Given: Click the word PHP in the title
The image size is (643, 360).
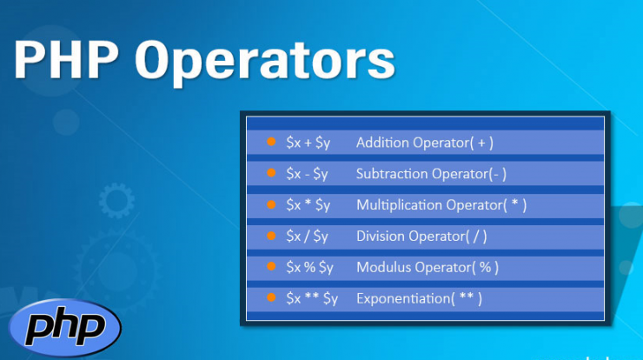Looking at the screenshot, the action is [66, 59].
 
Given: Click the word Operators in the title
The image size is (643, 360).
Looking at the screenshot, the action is [265, 63].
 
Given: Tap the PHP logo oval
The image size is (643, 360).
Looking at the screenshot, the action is [65, 327].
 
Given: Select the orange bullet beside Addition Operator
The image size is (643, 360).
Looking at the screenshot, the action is [271, 142].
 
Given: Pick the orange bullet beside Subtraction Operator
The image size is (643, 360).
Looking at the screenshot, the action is [271, 173].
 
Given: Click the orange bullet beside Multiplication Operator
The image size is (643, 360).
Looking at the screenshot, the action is [271, 204].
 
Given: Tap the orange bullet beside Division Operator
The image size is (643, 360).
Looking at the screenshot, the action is [271, 235].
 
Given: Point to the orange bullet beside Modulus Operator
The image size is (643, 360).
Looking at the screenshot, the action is [271, 266].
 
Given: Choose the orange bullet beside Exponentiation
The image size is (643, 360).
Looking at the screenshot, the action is [271, 297].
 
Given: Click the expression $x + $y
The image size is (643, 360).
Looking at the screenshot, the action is [308, 143].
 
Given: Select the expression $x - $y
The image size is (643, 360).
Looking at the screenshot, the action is [307, 174].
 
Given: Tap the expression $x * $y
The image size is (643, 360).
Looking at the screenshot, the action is [308, 205].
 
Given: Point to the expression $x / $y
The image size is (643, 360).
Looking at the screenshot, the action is [307, 237].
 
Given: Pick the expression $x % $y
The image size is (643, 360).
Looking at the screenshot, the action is [310, 268].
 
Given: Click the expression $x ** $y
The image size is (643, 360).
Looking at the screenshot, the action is [312, 299].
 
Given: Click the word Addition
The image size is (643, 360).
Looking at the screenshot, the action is [382, 143].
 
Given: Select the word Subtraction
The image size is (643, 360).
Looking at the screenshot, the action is [392, 174].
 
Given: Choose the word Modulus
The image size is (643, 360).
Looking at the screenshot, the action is [383, 267].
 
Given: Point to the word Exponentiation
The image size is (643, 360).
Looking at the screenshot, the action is [403, 299].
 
